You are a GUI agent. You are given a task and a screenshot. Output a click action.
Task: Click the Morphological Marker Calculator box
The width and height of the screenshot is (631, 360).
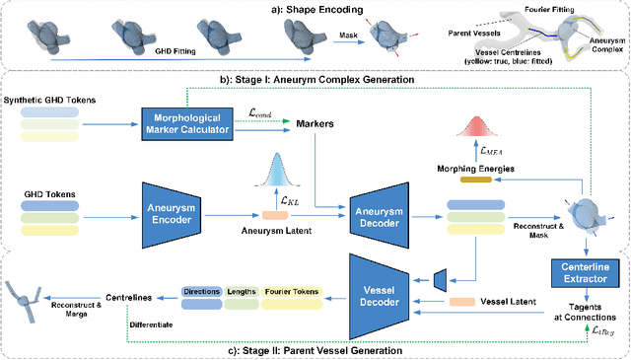[x=186, y=122]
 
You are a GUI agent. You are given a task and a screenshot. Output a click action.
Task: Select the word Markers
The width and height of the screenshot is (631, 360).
[x=314, y=123]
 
